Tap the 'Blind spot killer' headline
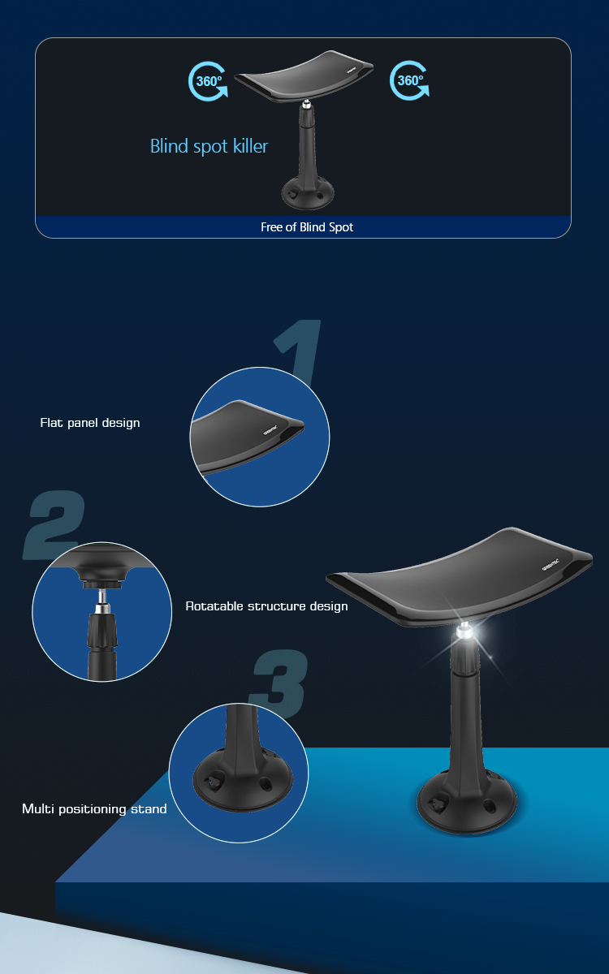(209, 147)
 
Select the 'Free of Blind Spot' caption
(307, 227)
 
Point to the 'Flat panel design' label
(90, 423)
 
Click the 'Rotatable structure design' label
(266, 606)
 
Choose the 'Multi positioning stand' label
(94, 808)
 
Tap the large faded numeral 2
(54, 524)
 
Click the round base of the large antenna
(467, 801)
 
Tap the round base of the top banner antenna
(308, 194)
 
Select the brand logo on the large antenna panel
(551, 565)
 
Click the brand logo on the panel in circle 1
(270, 429)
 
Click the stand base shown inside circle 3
(243, 778)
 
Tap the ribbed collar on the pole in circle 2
(101, 631)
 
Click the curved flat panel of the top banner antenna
(304, 76)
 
